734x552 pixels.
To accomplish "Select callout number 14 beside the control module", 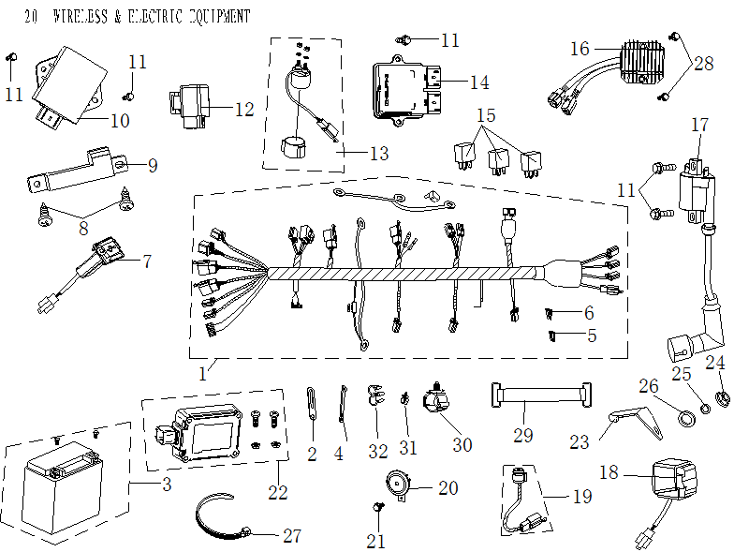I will (x=479, y=82).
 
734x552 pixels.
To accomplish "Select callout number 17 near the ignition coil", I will (x=700, y=126).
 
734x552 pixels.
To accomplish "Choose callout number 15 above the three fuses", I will (x=485, y=116).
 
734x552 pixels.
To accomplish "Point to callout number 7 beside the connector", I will (x=145, y=261).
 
